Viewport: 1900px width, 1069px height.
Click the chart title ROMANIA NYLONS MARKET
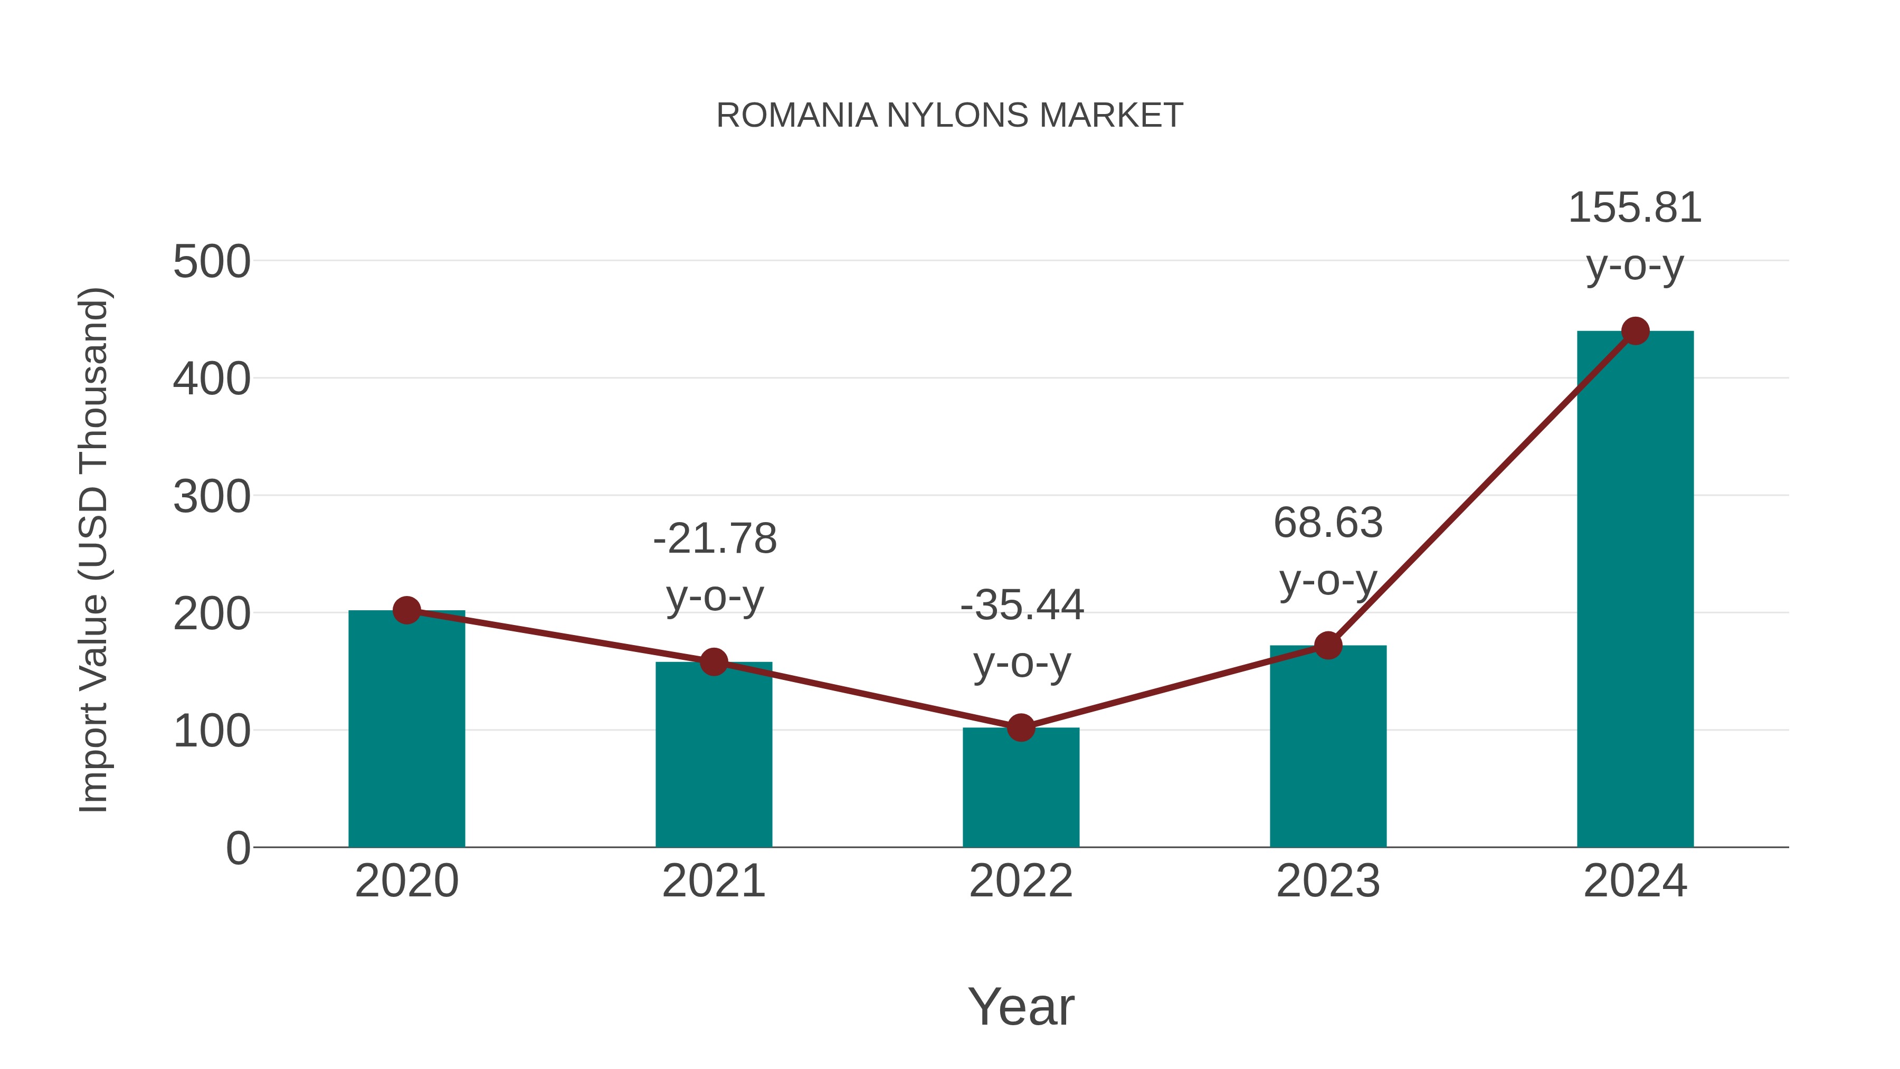(x=949, y=116)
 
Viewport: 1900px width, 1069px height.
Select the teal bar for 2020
(x=406, y=731)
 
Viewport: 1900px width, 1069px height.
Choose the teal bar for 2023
(x=1328, y=746)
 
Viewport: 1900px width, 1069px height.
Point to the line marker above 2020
(x=406, y=610)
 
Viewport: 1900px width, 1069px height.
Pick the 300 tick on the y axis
(x=212, y=497)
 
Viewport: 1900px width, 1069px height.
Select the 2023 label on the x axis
(x=1328, y=882)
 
